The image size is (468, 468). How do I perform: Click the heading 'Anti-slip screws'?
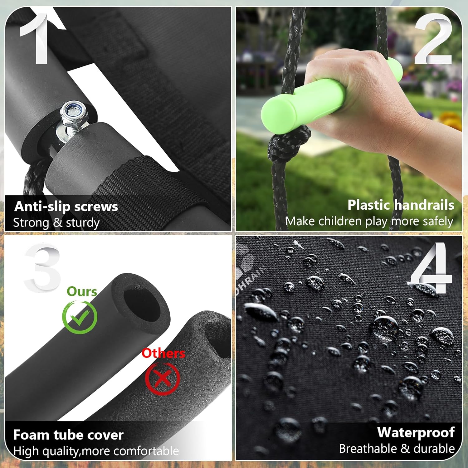point(66,207)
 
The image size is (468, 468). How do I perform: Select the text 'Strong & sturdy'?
point(56,223)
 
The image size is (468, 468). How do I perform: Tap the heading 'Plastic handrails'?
point(401,205)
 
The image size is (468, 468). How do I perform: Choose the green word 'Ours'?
point(82,291)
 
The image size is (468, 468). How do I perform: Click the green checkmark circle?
point(80,317)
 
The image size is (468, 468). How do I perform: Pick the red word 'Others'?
point(163,353)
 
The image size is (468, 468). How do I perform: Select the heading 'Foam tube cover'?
point(68,435)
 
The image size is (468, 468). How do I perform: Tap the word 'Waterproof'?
point(416,432)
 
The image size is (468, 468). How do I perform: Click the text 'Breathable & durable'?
point(397,449)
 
